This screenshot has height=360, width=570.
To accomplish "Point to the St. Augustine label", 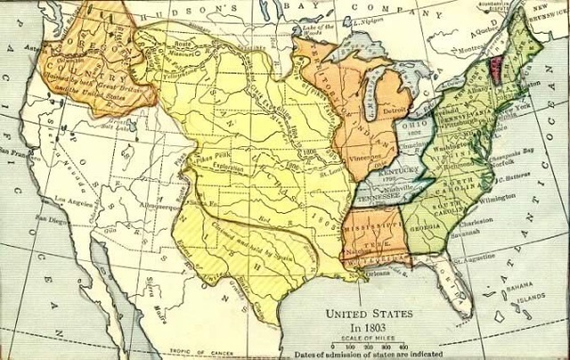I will tap(473, 260).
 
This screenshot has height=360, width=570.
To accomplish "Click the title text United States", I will tap(369, 314).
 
